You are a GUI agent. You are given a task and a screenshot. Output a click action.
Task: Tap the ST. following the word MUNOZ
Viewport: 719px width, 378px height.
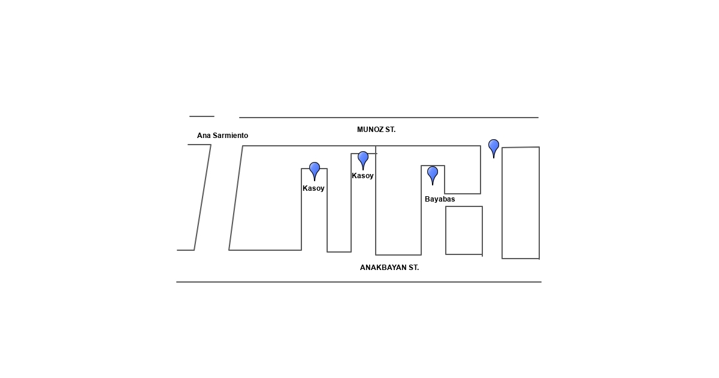point(390,130)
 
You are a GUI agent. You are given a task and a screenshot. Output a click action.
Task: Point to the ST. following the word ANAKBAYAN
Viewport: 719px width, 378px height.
point(413,268)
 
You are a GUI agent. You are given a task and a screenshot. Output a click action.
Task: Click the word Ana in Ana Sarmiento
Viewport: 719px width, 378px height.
point(204,136)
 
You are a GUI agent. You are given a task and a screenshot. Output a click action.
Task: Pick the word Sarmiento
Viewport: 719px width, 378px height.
point(231,136)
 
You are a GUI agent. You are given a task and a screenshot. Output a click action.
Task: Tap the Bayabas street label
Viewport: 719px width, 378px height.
point(440,199)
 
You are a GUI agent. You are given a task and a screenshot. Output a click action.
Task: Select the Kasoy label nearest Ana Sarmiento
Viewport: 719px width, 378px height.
point(313,188)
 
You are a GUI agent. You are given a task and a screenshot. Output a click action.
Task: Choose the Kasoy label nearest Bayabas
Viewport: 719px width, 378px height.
point(362,176)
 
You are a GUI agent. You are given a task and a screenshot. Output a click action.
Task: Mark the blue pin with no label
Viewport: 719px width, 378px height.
point(494,146)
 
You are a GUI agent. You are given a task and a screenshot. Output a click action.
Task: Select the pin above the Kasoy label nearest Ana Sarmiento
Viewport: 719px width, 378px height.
point(315,169)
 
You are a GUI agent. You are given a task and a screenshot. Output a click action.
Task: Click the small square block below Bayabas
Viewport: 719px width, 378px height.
point(464,230)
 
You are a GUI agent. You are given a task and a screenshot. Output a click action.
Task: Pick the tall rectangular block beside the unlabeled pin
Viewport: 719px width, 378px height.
point(521,203)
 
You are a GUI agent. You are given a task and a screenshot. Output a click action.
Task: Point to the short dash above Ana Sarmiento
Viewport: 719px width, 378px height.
point(202,116)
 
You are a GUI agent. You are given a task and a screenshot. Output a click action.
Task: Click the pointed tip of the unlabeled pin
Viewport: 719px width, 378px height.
point(494,158)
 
